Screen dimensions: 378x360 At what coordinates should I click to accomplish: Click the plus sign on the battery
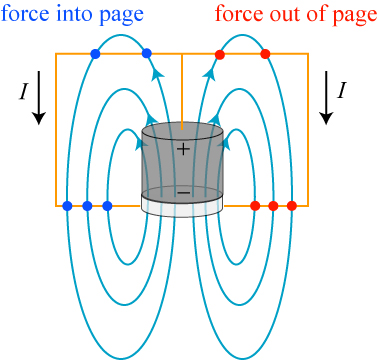tap(183, 149)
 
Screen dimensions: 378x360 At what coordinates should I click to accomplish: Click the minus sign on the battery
tap(183, 193)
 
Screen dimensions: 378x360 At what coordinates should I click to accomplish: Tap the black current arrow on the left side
tap(39, 97)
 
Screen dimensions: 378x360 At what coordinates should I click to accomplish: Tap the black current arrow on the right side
tap(326, 97)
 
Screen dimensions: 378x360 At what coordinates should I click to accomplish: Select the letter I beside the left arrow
tap(23, 91)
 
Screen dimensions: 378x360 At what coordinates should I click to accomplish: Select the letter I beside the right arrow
tap(340, 90)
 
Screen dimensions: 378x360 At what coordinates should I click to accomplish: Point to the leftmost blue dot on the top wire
tap(95, 54)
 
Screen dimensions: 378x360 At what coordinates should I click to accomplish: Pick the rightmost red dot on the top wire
tap(265, 54)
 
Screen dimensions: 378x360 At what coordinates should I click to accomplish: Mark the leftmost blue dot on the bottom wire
tap(67, 206)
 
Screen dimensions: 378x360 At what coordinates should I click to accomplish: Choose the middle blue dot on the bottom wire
tap(87, 206)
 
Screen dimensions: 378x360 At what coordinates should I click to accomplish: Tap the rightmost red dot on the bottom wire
tap(292, 206)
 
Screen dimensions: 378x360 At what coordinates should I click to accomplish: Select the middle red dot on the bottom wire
tap(273, 206)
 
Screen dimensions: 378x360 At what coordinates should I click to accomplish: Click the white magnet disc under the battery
tap(182, 207)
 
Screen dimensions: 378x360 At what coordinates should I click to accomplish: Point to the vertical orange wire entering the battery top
tap(182, 92)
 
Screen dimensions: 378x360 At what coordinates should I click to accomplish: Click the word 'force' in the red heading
tap(236, 14)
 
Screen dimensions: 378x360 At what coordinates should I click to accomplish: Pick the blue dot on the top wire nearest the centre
tap(147, 54)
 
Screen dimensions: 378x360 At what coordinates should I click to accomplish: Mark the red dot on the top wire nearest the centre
tap(219, 54)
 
